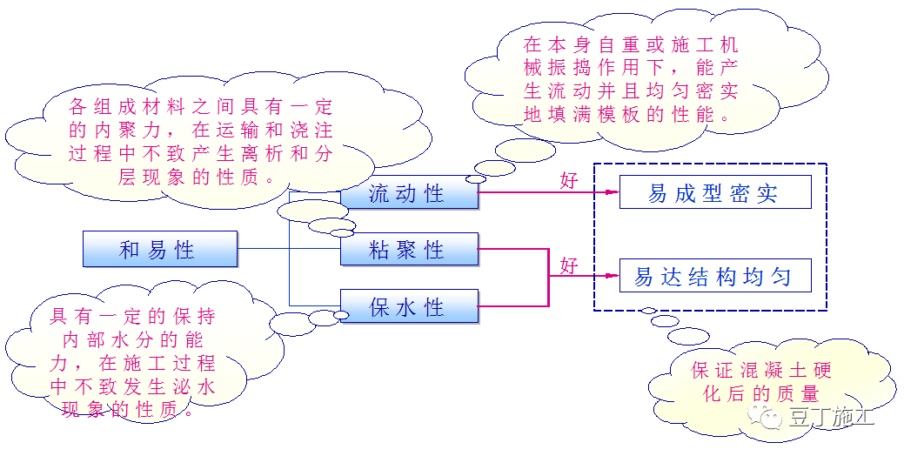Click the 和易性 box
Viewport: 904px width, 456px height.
point(160,250)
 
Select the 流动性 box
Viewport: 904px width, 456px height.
point(409,193)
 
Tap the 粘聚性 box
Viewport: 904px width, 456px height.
point(409,251)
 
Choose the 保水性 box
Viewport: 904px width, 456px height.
point(409,307)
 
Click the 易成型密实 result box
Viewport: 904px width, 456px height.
point(714,192)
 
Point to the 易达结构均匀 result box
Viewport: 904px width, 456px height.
point(714,277)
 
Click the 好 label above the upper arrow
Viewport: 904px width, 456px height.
point(569,180)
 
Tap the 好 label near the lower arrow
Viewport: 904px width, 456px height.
point(569,265)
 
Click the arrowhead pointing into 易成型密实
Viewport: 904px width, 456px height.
point(613,192)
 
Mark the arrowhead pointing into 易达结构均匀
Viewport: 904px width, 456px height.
point(613,277)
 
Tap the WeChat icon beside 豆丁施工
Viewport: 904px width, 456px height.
point(770,418)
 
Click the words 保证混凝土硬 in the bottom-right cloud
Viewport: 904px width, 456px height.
point(761,371)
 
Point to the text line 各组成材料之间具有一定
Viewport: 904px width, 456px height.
point(201,109)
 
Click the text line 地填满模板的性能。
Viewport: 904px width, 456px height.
point(631,114)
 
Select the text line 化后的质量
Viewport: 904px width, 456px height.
point(761,393)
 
